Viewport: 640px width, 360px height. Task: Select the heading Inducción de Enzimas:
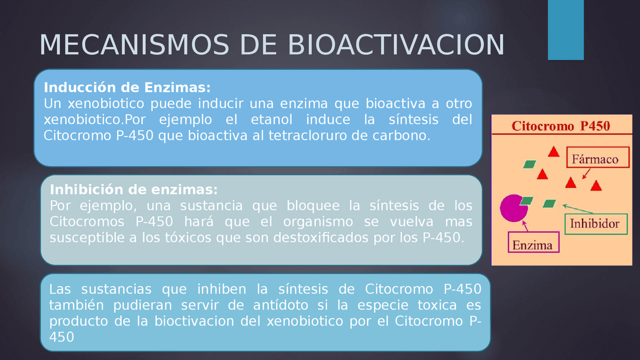pos(127,87)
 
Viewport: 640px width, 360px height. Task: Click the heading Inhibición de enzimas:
pos(133,190)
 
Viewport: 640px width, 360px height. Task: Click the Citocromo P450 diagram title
pos(560,125)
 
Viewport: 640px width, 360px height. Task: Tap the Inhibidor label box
pos(594,223)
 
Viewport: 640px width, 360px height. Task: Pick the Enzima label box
pos(533,244)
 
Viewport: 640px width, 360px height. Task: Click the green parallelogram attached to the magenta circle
pos(526,200)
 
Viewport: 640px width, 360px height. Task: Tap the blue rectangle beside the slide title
pos(565,30)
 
